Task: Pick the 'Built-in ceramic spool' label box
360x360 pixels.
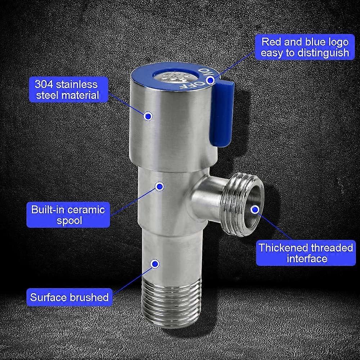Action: coord(68,215)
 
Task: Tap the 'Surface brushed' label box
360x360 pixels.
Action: coord(69,297)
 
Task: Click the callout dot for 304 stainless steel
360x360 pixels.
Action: coord(148,116)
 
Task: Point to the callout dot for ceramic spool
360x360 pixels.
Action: coord(159,186)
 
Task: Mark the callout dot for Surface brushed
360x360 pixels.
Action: coord(155,264)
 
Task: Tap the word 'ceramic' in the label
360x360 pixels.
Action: coord(85,210)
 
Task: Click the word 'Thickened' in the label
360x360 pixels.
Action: coord(283,248)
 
